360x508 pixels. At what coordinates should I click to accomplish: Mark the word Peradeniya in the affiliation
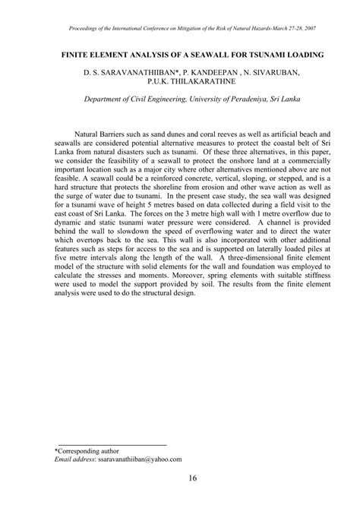pyautogui.click(x=245, y=109)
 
